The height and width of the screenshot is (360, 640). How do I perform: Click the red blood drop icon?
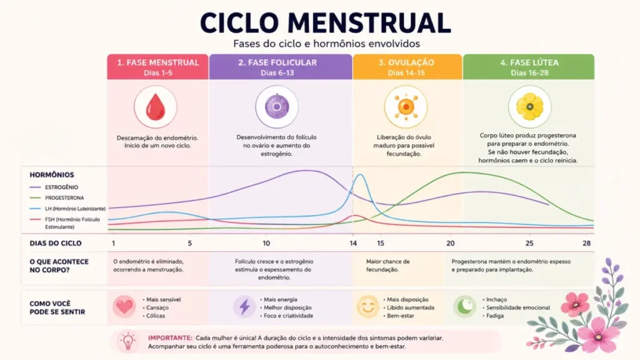156,107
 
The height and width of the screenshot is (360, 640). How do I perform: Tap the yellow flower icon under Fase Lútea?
530,107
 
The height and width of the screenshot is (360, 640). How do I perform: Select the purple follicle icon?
277,107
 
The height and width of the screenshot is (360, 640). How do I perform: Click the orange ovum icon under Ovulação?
406,107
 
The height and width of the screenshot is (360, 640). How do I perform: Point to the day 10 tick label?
266,243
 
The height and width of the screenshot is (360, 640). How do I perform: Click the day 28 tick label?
586,243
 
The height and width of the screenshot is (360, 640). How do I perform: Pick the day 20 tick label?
450,243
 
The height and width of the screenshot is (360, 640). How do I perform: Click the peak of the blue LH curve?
360,175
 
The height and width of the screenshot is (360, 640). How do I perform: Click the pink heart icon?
124,306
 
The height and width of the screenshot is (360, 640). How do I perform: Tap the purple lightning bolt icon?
244,306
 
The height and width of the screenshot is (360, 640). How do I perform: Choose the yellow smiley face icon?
367,306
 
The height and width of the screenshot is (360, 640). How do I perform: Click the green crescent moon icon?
465,306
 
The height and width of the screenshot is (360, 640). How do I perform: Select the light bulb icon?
127,341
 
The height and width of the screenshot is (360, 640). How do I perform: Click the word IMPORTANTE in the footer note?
170,338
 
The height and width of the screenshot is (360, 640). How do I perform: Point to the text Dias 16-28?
529,72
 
